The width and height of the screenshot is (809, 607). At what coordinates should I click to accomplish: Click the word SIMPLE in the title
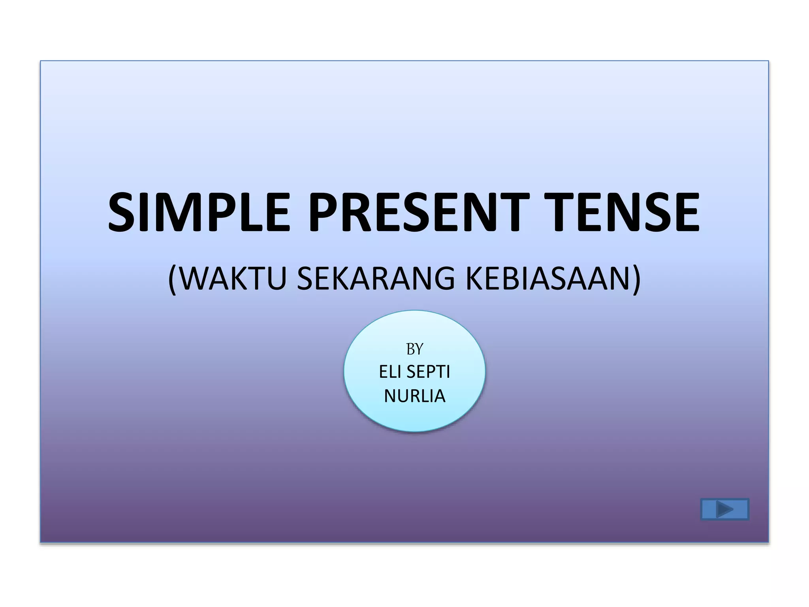click(199, 212)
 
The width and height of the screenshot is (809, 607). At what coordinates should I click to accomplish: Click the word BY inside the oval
click(414, 349)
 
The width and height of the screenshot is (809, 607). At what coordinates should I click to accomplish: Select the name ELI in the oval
click(389, 372)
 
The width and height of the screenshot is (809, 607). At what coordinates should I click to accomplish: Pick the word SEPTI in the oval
click(428, 372)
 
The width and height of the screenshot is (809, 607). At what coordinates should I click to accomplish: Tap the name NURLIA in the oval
click(414, 396)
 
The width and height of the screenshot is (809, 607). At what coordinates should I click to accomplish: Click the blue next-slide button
click(724, 509)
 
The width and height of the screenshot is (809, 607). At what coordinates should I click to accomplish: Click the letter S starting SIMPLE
click(121, 212)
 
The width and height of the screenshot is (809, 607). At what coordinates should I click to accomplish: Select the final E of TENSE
click(686, 212)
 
